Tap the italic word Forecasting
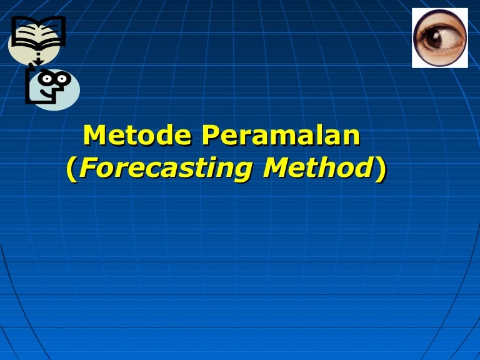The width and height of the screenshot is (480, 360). click(159, 169)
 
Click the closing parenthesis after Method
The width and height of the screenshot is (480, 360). click(379, 169)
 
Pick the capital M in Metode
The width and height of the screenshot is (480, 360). click(95, 136)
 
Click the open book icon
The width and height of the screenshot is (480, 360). click(38, 32)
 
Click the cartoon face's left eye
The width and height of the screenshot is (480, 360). click(46, 78)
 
